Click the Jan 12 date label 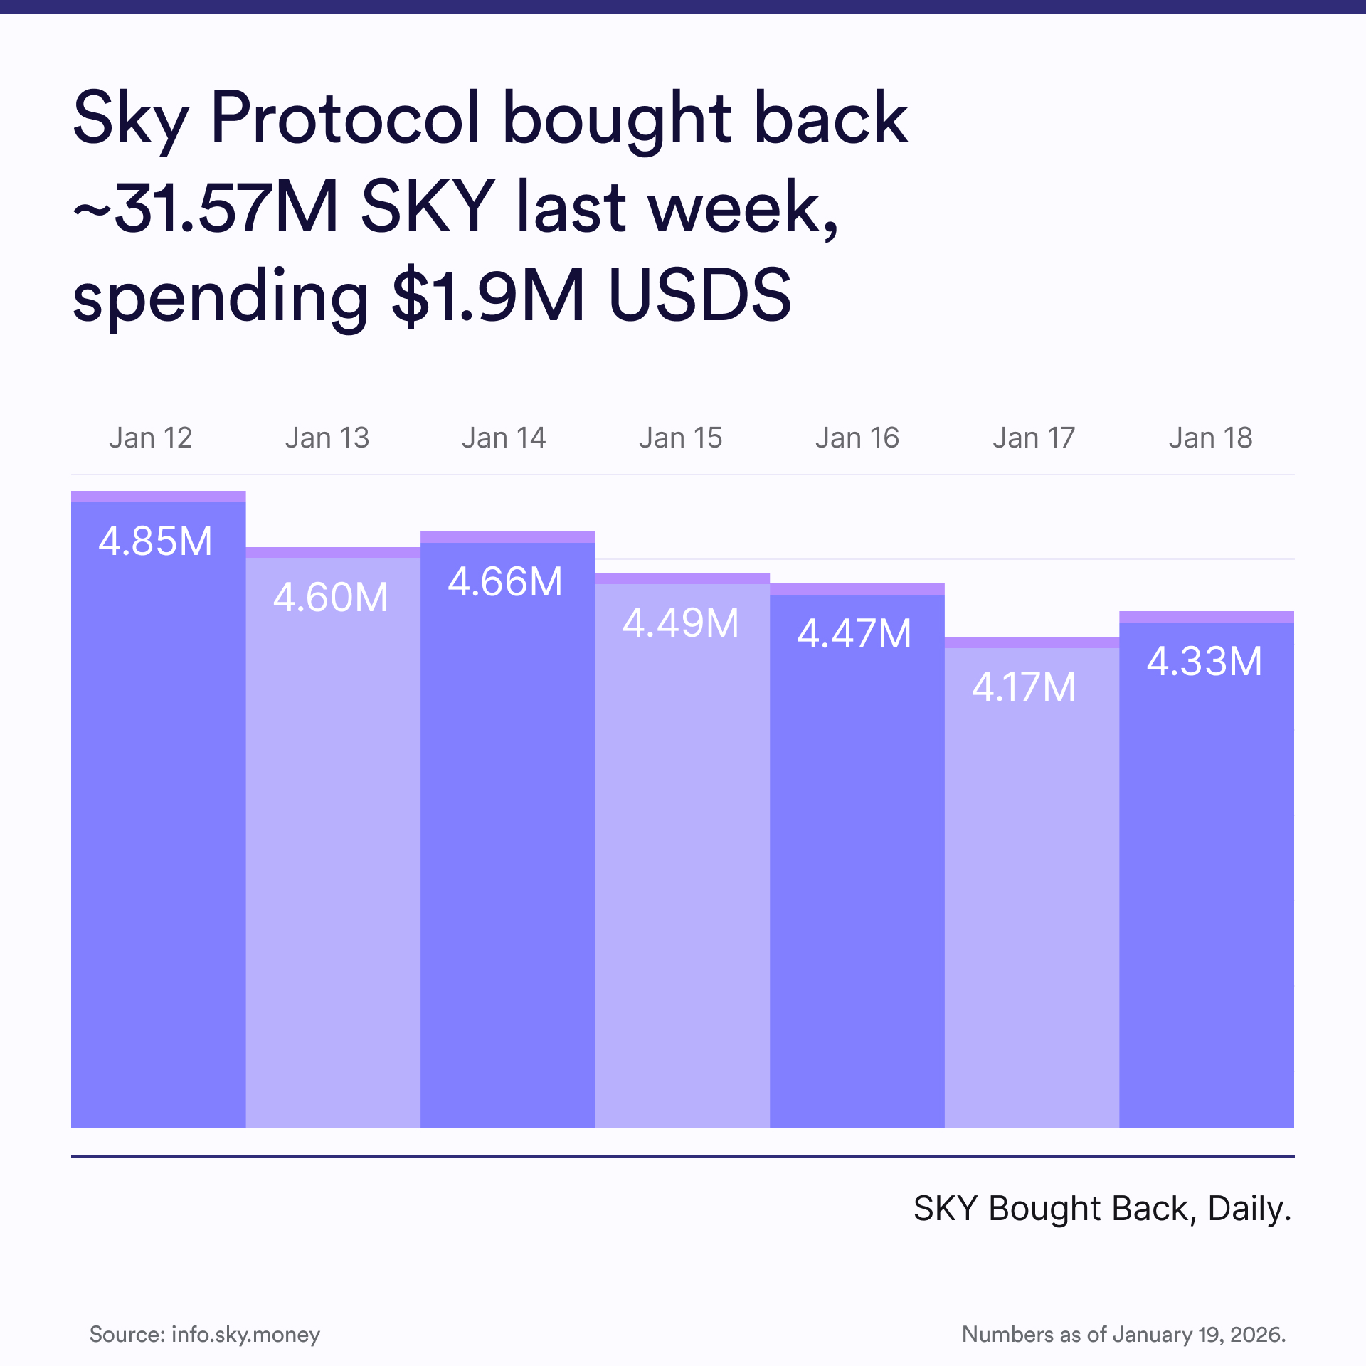pyautogui.click(x=151, y=438)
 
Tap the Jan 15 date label pyautogui.click(x=680, y=438)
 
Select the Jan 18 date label pyautogui.click(x=1210, y=438)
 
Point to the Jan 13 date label pyautogui.click(x=327, y=438)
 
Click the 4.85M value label pyautogui.click(x=155, y=541)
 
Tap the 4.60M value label pyautogui.click(x=330, y=598)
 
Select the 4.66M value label pyautogui.click(x=505, y=582)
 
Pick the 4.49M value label pyautogui.click(x=681, y=623)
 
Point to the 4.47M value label pyautogui.click(x=854, y=634)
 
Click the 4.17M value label pyautogui.click(x=1024, y=688)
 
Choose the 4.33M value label pyautogui.click(x=1204, y=662)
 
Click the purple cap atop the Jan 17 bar pyautogui.click(x=1032, y=642)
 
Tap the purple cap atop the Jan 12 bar pyautogui.click(x=158, y=497)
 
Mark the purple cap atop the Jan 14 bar pyautogui.click(x=507, y=537)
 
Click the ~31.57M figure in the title pyautogui.click(x=206, y=207)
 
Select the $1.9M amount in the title pyautogui.click(x=488, y=295)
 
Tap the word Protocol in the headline pyautogui.click(x=345, y=118)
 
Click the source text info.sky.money pyautogui.click(x=245, y=1334)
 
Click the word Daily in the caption pyautogui.click(x=1249, y=1209)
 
